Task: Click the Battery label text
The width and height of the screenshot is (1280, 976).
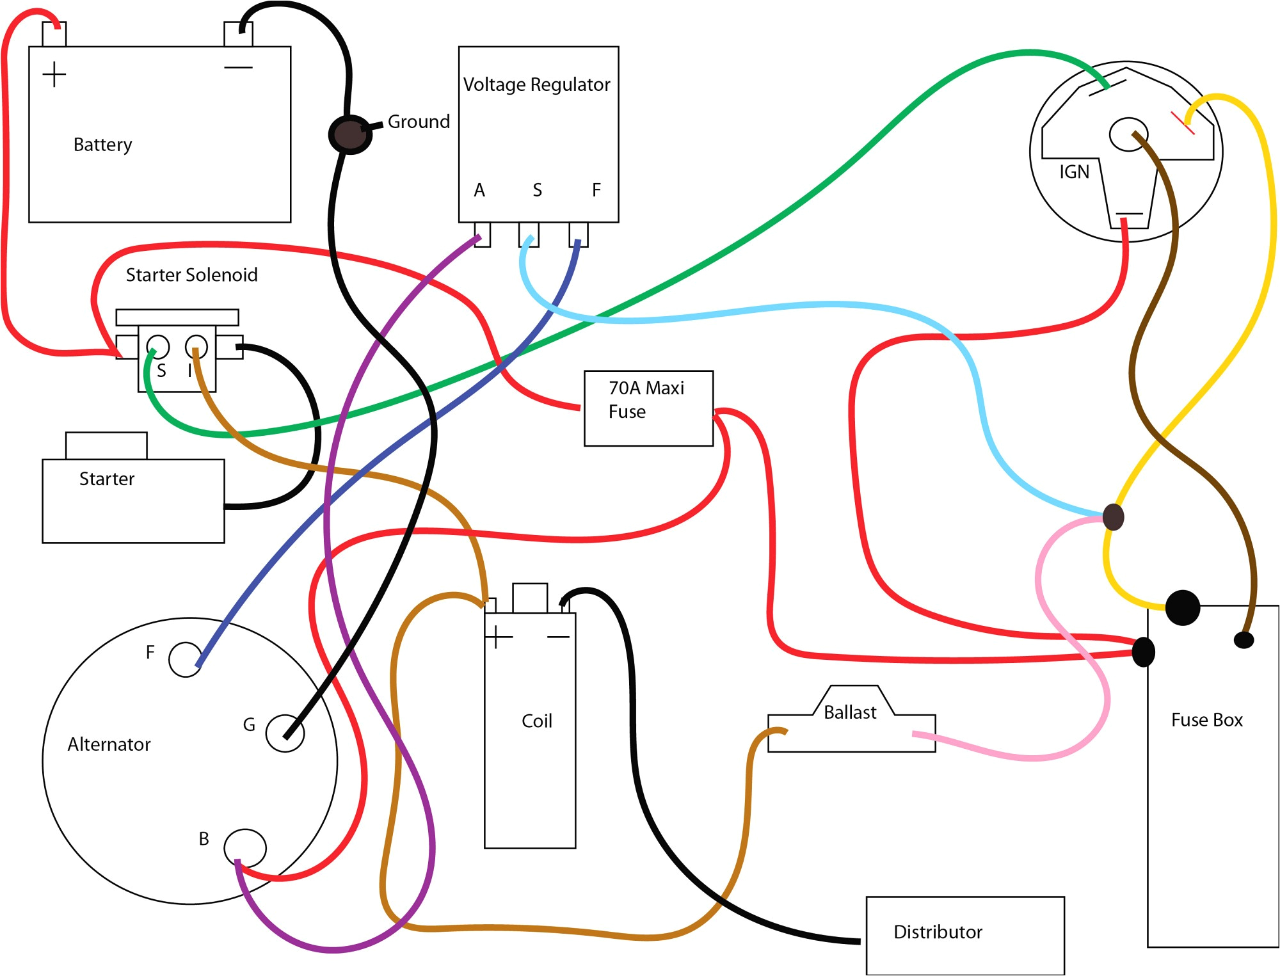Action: click(x=102, y=145)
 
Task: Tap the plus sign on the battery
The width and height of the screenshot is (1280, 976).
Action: click(x=54, y=74)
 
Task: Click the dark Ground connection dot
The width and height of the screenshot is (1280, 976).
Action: click(x=349, y=134)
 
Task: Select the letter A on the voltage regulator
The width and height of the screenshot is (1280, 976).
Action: click(x=479, y=190)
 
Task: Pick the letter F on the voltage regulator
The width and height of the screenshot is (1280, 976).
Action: click(x=596, y=190)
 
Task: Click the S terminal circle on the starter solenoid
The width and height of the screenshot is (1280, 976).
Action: click(x=158, y=347)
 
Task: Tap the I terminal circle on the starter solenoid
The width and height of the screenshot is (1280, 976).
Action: click(x=196, y=346)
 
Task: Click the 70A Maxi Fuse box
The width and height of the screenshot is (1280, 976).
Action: click(x=648, y=408)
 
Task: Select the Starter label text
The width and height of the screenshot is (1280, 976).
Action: click(x=107, y=479)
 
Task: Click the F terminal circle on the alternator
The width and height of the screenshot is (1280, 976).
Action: click(x=186, y=659)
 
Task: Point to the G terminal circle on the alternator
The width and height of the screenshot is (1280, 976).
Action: click(x=285, y=733)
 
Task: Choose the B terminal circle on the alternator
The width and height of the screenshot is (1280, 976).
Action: click(x=245, y=847)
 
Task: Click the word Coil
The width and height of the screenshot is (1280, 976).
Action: click(x=536, y=721)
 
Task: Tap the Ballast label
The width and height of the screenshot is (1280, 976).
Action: click(x=849, y=712)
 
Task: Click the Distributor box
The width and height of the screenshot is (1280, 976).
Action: click(x=964, y=935)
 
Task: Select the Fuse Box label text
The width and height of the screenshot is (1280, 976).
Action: click(x=1206, y=720)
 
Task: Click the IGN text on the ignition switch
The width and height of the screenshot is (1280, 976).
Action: click(x=1074, y=172)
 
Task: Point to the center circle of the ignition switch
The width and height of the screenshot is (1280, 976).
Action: click(x=1128, y=134)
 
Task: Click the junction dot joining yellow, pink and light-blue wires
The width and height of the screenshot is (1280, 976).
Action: click(x=1113, y=517)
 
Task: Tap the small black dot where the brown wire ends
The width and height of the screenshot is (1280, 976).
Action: click(x=1244, y=639)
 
